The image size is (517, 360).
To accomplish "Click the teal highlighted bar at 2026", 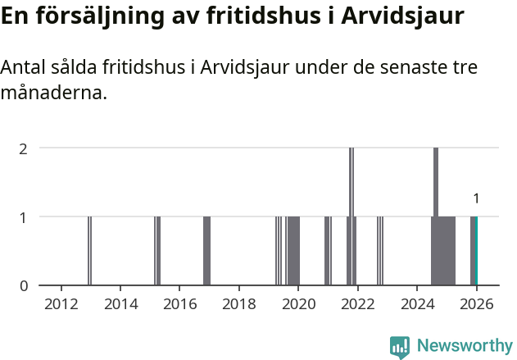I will point(476,251).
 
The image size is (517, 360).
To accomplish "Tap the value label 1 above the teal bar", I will point(476,198).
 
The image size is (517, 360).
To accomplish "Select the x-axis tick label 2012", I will point(61,303).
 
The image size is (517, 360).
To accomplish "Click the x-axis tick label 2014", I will point(120,303).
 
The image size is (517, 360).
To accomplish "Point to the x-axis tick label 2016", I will point(180,303).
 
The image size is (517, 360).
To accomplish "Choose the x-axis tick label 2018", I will point(239,303).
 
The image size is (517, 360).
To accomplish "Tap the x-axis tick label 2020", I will point(298,303).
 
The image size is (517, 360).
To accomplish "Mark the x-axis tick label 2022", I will point(358,303).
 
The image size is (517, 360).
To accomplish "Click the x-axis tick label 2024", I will point(417,303).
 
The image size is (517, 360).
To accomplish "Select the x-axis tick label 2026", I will point(476,303).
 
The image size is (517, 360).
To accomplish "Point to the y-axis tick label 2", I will point(24,148).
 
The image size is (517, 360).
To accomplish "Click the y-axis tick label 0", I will point(24,286).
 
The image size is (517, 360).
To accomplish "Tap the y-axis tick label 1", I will point(24,217).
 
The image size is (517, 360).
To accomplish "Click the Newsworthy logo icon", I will point(400,346).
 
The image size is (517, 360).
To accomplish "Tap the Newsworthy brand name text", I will point(464,346).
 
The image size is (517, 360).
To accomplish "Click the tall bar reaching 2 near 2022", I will point(351,216).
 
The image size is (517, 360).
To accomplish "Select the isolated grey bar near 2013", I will point(89,251).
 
